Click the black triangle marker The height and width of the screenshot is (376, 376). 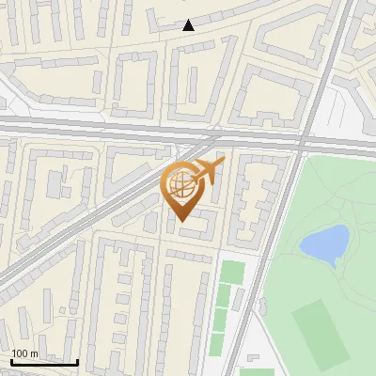[189, 25]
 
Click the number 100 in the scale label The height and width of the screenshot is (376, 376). [21, 353]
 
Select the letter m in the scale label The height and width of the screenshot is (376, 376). [35, 353]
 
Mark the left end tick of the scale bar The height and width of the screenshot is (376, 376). [12, 360]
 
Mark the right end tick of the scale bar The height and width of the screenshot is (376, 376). [77, 360]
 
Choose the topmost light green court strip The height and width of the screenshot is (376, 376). [231, 272]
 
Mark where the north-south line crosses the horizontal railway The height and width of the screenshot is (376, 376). [306, 137]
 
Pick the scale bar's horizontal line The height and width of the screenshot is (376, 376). [44, 362]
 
